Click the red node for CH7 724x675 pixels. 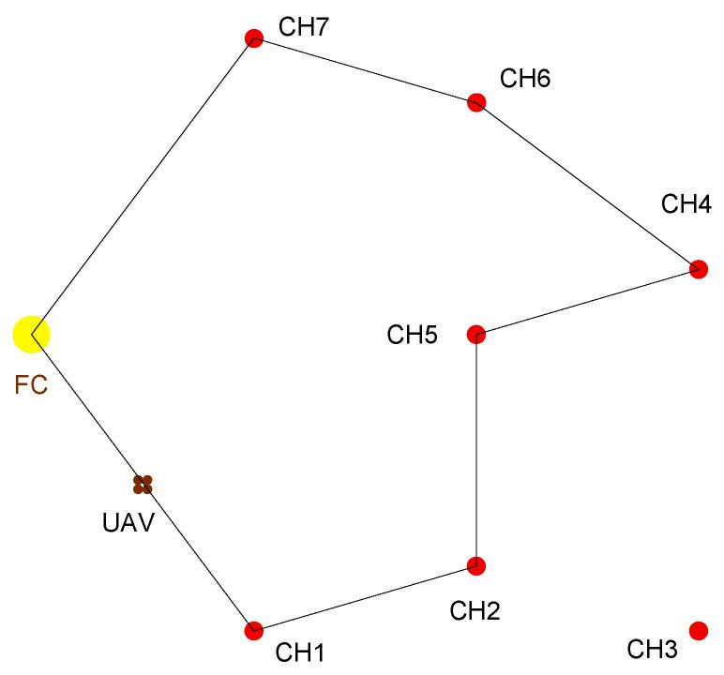[x=252, y=38]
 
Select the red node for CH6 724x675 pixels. [x=476, y=102]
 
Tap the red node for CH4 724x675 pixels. [x=699, y=269]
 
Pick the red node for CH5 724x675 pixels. [x=476, y=335]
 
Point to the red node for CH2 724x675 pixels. [x=476, y=565]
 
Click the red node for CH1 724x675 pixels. [x=253, y=631]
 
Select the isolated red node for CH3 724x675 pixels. [x=699, y=630]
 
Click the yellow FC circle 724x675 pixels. [x=31, y=333]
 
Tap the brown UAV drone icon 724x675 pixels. [x=143, y=484]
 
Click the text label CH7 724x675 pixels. [x=303, y=27]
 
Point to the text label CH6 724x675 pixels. [x=525, y=78]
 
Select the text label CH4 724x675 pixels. [x=686, y=203]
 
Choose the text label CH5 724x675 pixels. [x=413, y=335]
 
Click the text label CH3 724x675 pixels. [x=652, y=649]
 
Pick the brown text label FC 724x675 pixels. [x=31, y=385]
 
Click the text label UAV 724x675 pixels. [x=128, y=521]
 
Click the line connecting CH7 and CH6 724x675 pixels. [x=365, y=70]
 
